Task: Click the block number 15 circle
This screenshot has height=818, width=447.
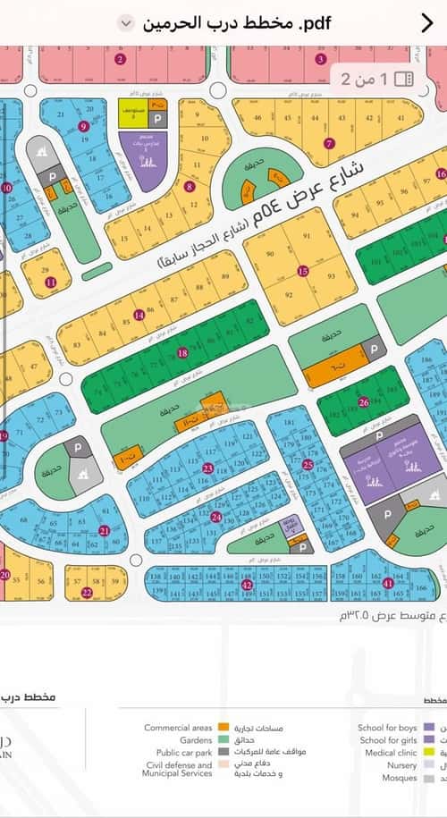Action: [303, 270]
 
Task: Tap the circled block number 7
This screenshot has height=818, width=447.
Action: [329, 143]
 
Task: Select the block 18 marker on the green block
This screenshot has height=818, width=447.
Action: [183, 353]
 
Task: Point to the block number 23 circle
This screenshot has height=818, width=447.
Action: [207, 468]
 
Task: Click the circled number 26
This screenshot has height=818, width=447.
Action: [363, 403]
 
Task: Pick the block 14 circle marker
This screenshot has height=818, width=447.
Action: [138, 315]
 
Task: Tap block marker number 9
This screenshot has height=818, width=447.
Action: [83, 126]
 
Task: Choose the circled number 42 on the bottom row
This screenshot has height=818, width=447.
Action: [246, 585]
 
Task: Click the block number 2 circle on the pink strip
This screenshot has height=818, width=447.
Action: [120, 60]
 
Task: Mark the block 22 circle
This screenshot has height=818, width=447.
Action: [86, 593]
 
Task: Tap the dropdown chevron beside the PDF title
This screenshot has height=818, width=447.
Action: [126, 23]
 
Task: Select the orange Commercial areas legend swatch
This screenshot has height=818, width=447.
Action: [223, 728]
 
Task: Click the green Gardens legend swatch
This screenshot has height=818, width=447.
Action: [223, 740]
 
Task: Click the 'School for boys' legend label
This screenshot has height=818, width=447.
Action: [387, 728]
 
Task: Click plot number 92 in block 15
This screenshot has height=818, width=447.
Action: [288, 294]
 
